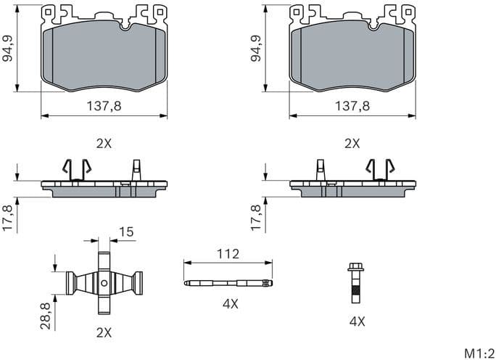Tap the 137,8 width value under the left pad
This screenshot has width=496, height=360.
pyautogui.click(x=104, y=105)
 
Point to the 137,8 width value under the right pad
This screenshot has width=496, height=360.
pyautogui.click(x=352, y=105)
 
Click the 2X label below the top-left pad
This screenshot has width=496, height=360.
pyautogui.click(x=104, y=144)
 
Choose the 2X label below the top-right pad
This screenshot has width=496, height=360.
pyautogui.click(x=352, y=144)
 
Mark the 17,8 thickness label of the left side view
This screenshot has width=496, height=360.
pyautogui.click(x=9, y=218)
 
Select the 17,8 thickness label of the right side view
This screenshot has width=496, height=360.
pyautogui.click(x=255, y=218)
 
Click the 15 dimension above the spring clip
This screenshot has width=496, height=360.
pyautogui.click(x=125, y=232)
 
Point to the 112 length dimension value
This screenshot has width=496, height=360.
pyautogui.click(x=229, y=255)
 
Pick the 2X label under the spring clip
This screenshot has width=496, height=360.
pyautogui.click(x=104, y=332)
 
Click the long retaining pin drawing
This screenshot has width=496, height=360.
pyautogui.click(x=229, y=283)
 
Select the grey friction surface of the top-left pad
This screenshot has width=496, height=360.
pyautogui.click(x=104, y=58)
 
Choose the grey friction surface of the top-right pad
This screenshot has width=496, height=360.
pyautogui.click(x=352, y=58)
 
